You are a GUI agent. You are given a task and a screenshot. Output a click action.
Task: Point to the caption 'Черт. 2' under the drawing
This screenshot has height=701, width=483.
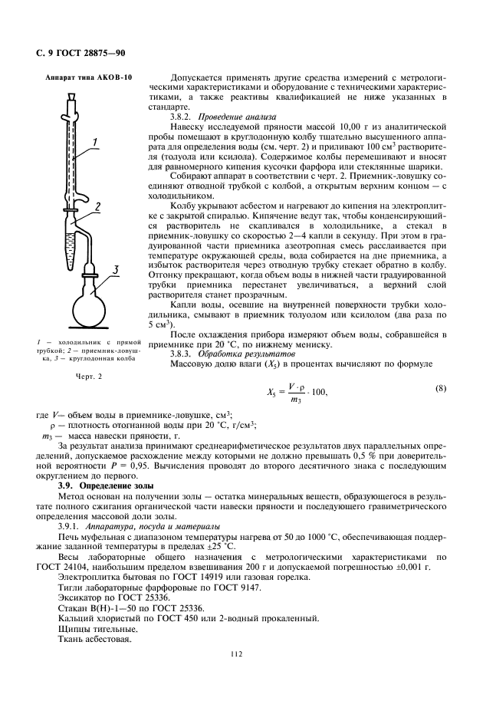click(x=88, y=376)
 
